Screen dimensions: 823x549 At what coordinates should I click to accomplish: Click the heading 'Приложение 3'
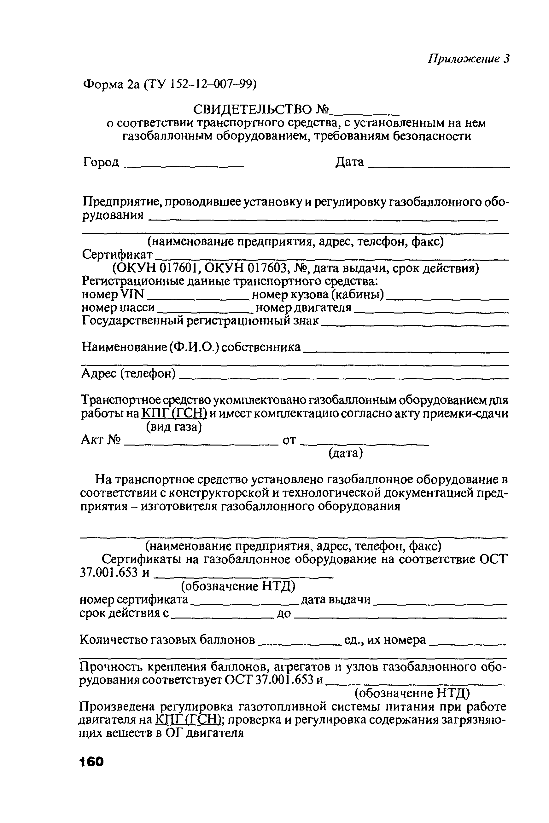tap(469, 59)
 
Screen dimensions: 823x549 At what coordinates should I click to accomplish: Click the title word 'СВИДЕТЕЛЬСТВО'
tap(252, 110)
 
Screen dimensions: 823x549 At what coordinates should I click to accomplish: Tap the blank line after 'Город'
tap(184, 166)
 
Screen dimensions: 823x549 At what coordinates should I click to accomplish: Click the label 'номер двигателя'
tap(303, 308)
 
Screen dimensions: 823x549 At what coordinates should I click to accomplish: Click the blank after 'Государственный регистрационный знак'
tap(415, 324)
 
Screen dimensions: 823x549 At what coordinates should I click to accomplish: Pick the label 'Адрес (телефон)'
tap(128, 374)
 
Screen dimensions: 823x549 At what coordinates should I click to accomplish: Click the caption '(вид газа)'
tap(174, 427)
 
